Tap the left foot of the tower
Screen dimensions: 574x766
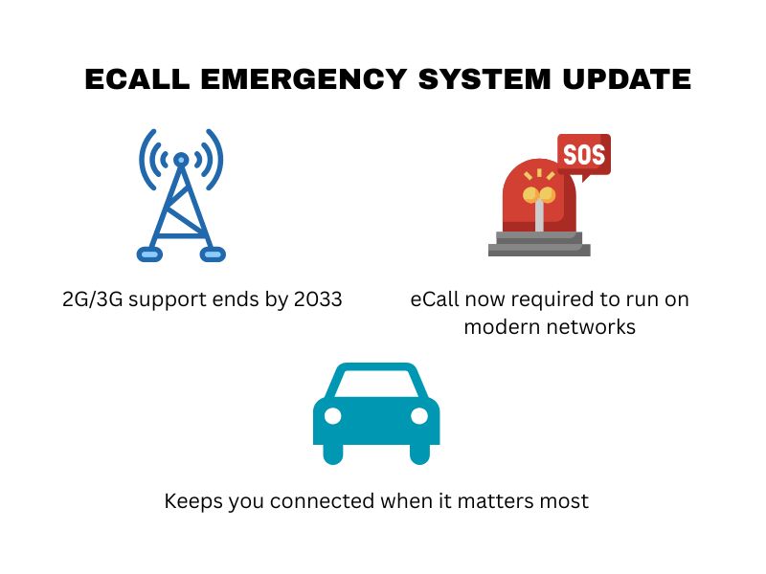click(x=150, y=254)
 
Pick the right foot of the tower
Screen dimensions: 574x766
click(x=212, y=254)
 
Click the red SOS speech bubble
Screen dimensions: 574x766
click(x=583, y=154)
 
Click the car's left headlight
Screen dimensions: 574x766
click(x=333, y=416)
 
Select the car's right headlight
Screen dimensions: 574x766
click(x=419, y=416)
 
